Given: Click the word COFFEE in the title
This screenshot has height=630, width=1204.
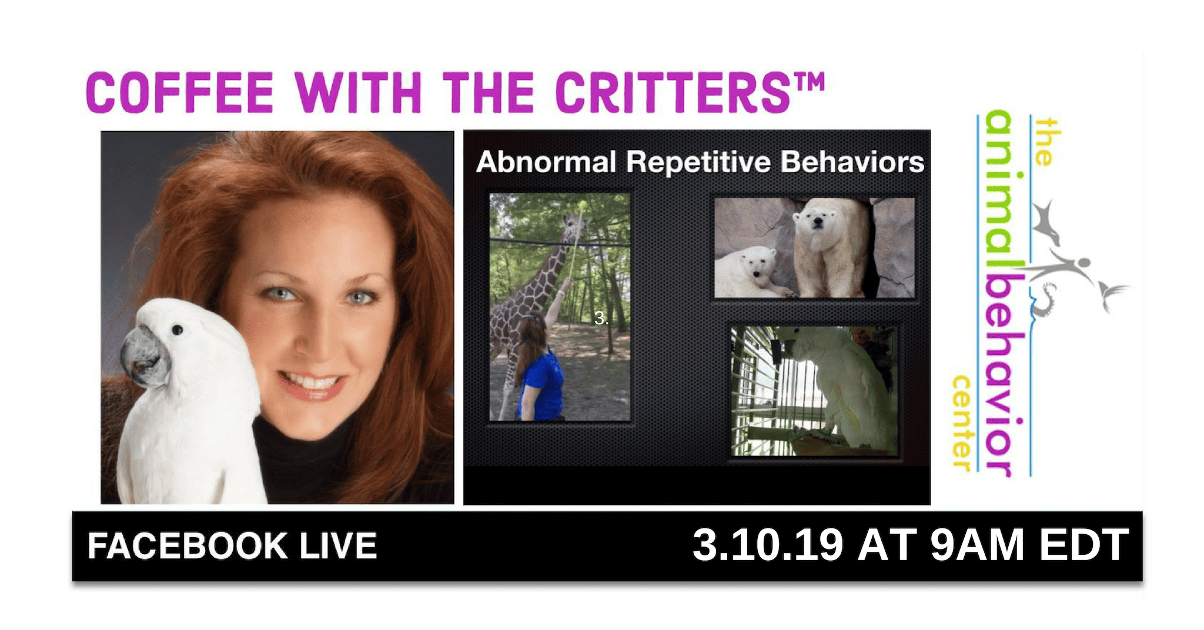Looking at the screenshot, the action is [x=180, y=92].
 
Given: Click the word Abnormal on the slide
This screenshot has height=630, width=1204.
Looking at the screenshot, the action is [x=546, y=162].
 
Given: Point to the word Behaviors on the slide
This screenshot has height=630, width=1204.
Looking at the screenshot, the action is [x=852, y=162].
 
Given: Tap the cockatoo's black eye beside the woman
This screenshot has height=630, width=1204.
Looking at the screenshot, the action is [x=177, y=330].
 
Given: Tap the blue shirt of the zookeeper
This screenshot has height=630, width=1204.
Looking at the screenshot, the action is [x=540, y=385].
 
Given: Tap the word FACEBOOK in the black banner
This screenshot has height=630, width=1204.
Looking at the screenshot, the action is [x=188, y=546].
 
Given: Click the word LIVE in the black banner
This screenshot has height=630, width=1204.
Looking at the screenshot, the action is [x=338, y=546].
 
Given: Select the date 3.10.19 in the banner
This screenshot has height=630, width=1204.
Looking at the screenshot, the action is [x=768, y=545].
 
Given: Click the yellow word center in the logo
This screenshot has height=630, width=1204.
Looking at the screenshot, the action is [x=961, y=423].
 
